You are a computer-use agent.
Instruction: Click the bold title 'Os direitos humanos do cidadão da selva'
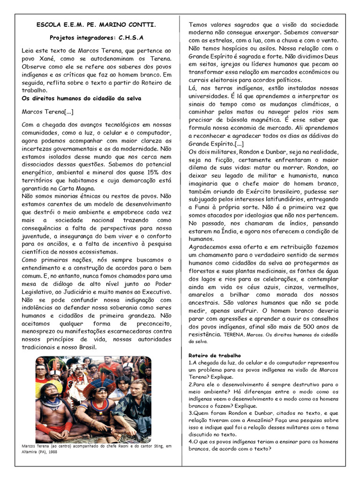tap(82, 98)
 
